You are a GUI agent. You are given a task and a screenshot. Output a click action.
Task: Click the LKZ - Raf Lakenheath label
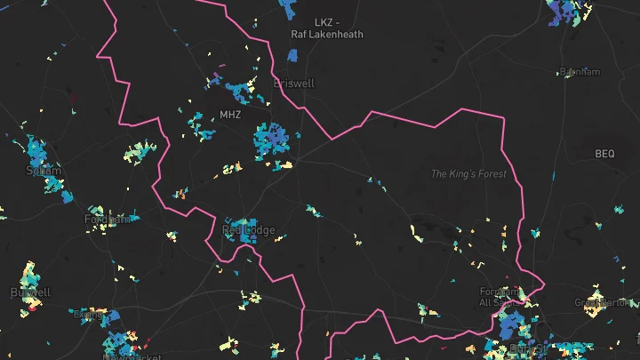coord(327,28)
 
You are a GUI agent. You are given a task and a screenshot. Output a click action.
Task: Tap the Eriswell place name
coord(294,83)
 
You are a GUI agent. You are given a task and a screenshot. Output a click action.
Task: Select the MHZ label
coord(230,115)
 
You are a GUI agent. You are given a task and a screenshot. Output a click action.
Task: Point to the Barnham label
coord(580,72)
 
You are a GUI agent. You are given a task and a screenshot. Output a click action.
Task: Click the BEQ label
coord(604,154)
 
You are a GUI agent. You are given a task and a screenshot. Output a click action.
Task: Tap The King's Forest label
coord(468,173)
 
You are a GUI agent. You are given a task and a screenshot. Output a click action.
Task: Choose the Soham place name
coord(44,170)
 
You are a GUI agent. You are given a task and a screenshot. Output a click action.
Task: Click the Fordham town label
coord(108,219)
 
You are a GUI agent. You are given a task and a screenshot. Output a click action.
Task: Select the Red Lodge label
coord(249,230)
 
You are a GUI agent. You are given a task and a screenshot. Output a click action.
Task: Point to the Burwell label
coord(30,292)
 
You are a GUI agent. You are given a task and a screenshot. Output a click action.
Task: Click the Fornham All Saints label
coord(499,297)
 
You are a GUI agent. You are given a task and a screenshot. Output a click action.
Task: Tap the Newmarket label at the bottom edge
coord(122,356)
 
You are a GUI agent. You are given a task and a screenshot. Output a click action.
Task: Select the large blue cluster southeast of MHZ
coord(272,140)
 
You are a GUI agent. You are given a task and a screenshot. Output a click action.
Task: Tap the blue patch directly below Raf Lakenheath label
coord(292,55)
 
